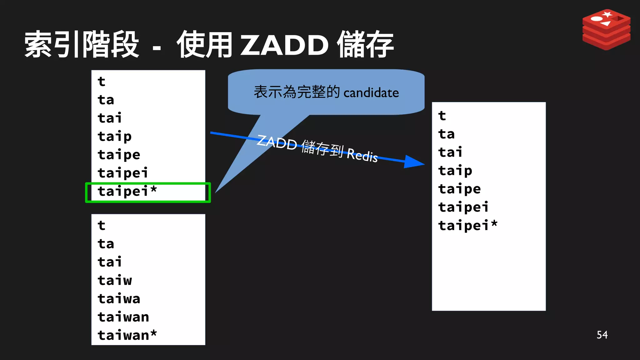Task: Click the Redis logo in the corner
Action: pos(606,29)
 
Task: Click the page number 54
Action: pos(602,335)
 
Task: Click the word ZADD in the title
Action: pos(284,45)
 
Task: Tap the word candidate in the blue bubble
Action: pos(371,93)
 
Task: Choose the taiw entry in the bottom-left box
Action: pos(115,280)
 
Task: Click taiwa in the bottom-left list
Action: pos(119,298)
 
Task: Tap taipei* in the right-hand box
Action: pos(467,225)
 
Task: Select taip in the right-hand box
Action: pos(455,171)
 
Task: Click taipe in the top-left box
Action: pos(119,155)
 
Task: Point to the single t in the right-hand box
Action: pos(442,116)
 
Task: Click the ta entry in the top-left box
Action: pos(106,100)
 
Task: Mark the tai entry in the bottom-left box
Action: pos(110,262)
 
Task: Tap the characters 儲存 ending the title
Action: pos(365,45)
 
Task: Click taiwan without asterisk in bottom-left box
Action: pos(123,317)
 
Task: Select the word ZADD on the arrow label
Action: pos(277,143)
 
